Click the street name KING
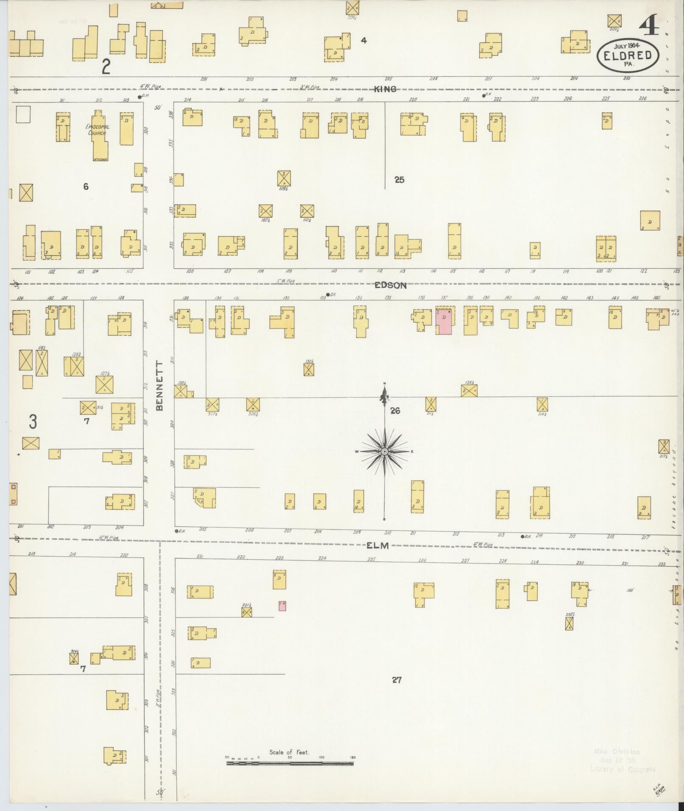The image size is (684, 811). [385, 89]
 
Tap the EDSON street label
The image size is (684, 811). [390, 285]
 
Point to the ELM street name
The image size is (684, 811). [377, 546]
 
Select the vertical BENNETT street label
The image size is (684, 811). [159, 385]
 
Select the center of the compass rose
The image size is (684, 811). [384, 451]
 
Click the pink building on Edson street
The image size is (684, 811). [444, 322]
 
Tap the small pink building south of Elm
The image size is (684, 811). [282, 606]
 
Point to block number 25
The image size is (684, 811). [399, 180]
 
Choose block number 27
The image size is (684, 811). [396, 680]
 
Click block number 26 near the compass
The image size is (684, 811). [395, 410]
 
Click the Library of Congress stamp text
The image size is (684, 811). [622, 769]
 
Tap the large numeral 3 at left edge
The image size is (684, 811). [33, 422]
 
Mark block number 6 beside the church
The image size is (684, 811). [86, 187]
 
